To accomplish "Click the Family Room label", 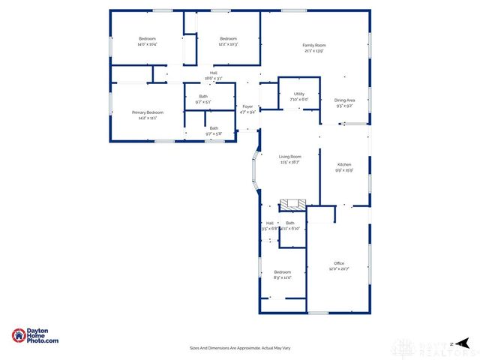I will (x=314, y=45).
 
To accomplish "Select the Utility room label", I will (x=298, y=94).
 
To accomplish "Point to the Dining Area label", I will (x=345, y=100).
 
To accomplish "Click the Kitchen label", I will (x=344, y=164).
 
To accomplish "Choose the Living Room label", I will (x=290, y=156).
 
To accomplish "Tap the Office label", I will (x=339, y=262).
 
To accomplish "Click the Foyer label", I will (x=247, y=106).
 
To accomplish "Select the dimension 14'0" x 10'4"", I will (x=147, y=44).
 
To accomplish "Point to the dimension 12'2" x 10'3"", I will (x=228, y=44).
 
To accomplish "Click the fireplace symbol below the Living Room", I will (x=292, y=204).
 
